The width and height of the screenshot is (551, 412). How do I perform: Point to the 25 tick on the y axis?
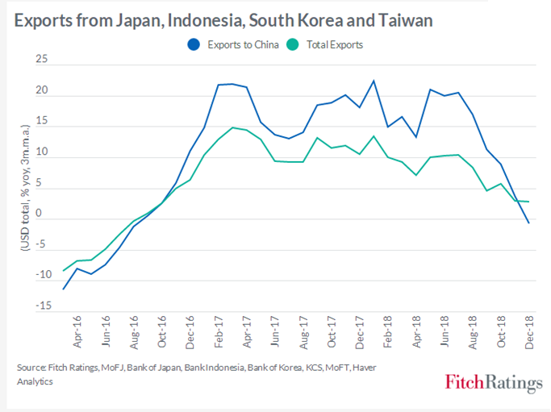(x=40, y=60)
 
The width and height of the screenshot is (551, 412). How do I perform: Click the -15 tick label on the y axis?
(x=39, y=306)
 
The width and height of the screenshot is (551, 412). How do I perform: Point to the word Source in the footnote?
(x=31, y=368)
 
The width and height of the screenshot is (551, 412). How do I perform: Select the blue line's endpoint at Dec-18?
(x=529, y=223)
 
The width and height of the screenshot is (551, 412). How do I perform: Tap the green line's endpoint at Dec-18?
(x=529, y=202)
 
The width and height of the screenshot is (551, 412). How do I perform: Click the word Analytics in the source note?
(x=35, y=381)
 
